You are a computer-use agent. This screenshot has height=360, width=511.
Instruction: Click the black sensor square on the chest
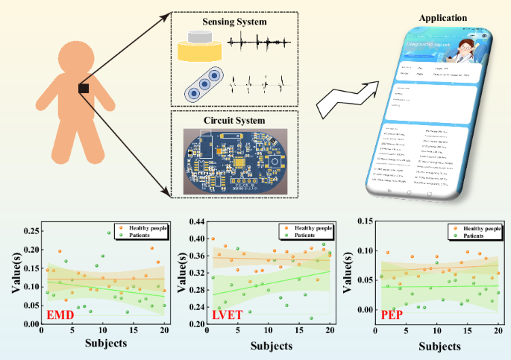click(84, 89)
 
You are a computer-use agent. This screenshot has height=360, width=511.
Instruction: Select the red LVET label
click(228, 315)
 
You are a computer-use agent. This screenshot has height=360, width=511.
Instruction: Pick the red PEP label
click(393, 315)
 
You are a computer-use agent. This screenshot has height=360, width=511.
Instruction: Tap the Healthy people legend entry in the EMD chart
click(145, 227)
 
